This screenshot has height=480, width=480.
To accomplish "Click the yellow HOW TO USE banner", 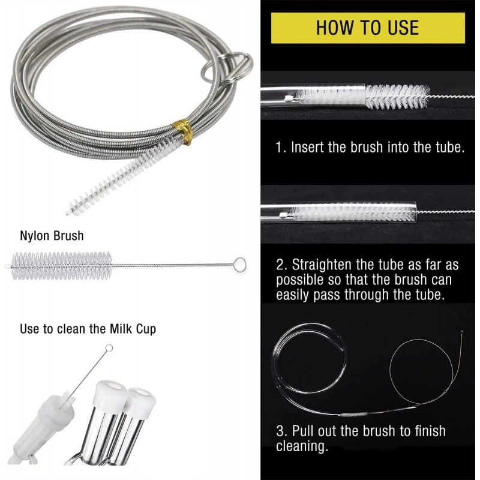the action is click(x=368, y=28).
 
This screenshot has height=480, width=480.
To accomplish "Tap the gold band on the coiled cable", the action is click(x=183, y=131).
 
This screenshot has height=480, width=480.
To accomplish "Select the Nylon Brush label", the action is click(x=52, y=236).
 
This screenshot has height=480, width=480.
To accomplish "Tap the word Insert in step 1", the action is click(x=307, y=147).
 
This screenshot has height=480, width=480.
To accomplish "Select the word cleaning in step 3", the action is click(x=302, y=446).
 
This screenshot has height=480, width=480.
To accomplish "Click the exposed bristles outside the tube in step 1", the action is click(x=397, y=97).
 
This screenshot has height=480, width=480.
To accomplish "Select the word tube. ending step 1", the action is click(x=451, y=147).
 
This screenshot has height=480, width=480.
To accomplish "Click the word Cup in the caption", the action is click(x=146, y=329).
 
